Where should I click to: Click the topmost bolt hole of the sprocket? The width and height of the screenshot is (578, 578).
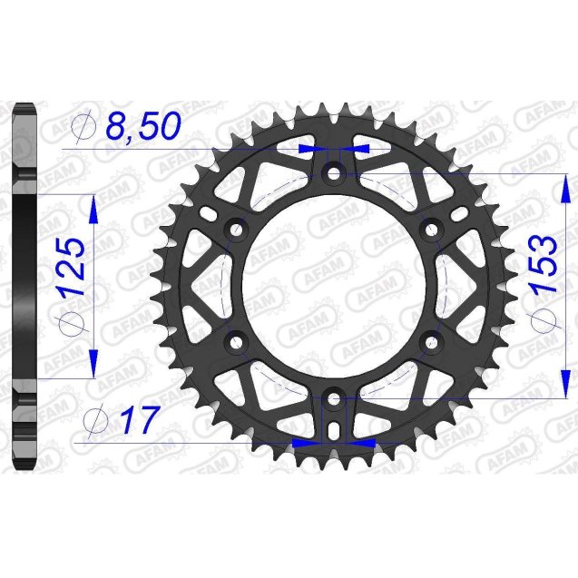coord(333,171)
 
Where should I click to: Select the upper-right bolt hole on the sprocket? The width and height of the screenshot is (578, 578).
coord(431,229)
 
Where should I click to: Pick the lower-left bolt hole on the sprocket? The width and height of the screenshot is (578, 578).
coord(237,342)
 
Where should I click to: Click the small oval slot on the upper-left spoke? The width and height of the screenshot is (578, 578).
coord(211,215)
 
